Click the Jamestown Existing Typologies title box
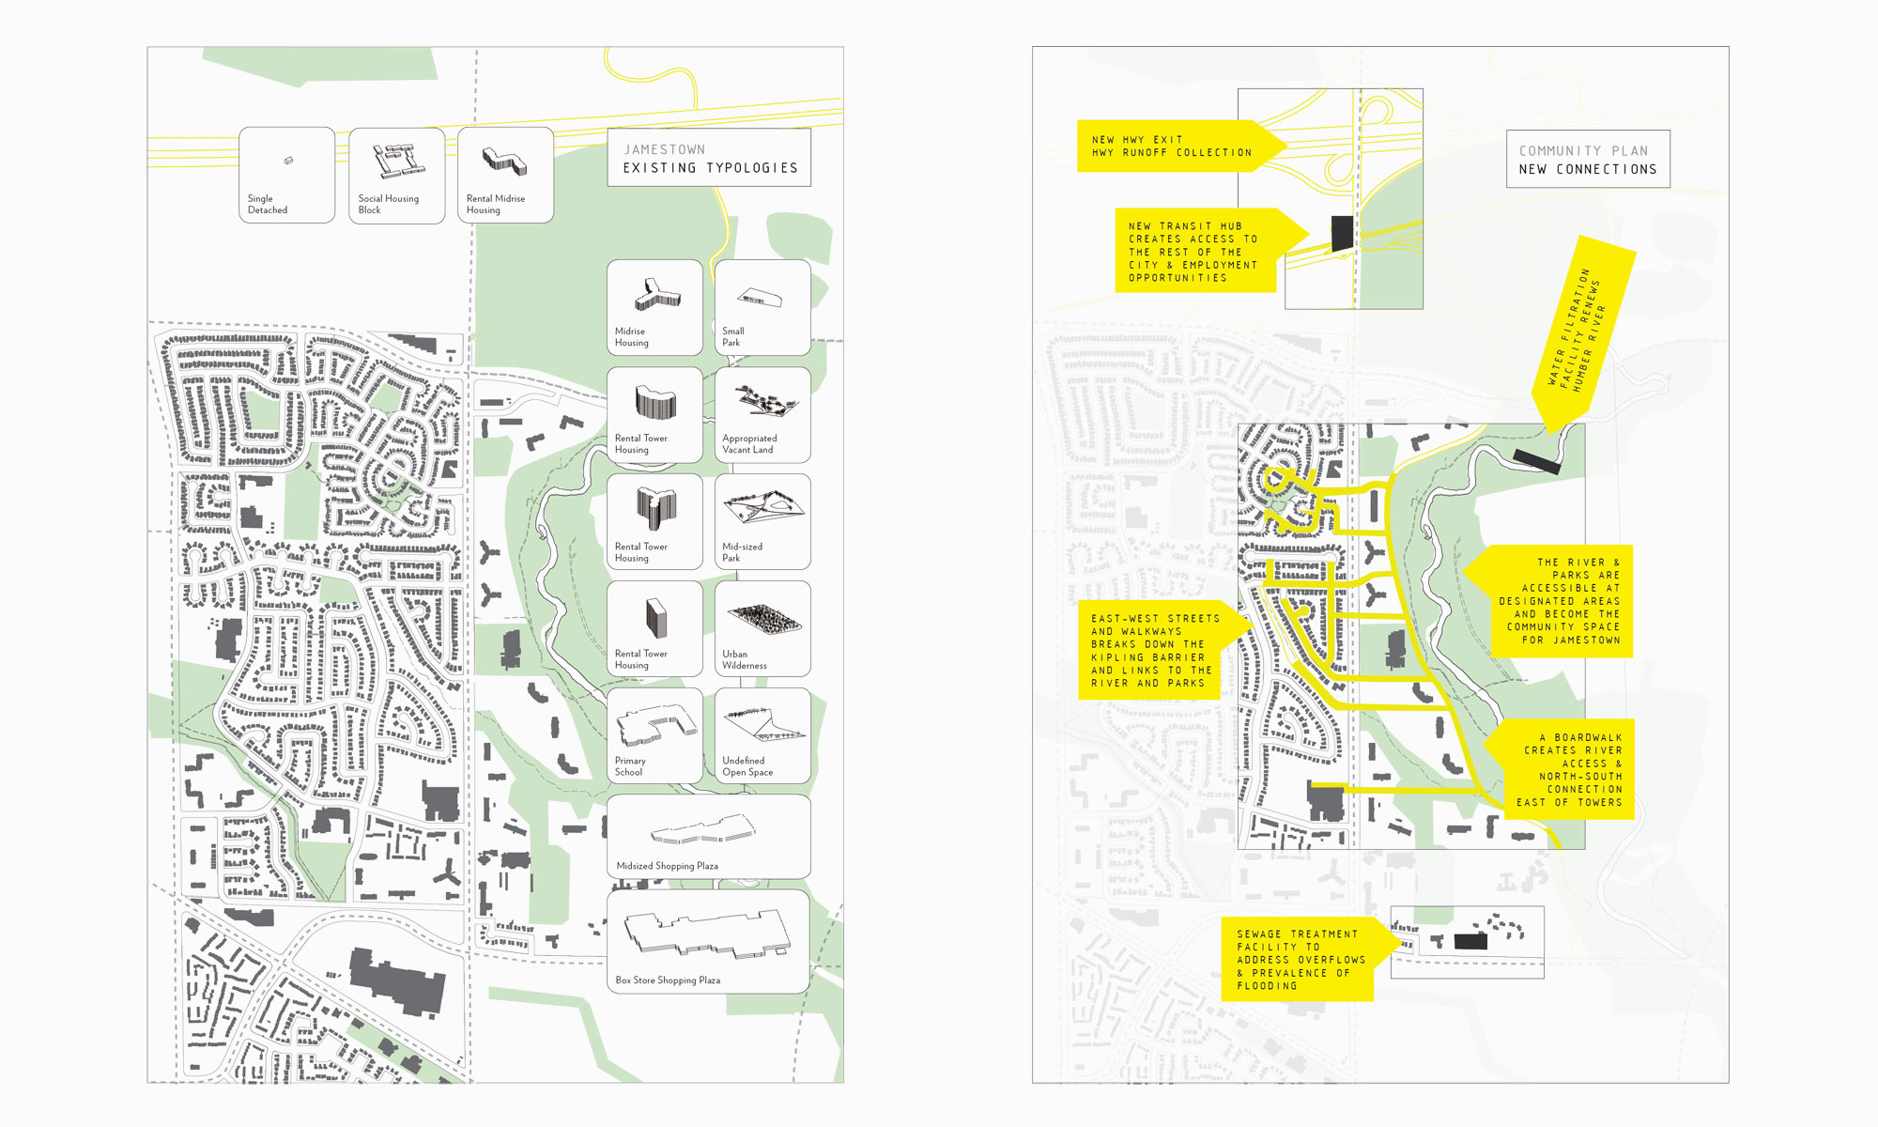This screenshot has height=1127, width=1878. pos(709,158)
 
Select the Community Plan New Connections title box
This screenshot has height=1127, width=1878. pos(1588,160)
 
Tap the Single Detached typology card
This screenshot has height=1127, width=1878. pos(286,176)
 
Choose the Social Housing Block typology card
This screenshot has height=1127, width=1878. pos(396,176)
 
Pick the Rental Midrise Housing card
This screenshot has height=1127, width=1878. pos(505,176)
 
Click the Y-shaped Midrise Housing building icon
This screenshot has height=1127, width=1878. pos(655,295)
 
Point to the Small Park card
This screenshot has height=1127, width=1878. pos(762,307)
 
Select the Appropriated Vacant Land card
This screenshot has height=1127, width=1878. pos(762,414)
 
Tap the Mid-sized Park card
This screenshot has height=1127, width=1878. pos(762,521)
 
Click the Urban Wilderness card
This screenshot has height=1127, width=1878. pos(762,628)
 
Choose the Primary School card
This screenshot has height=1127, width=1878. pos(654,735)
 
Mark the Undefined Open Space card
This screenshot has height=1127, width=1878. pos(762,735)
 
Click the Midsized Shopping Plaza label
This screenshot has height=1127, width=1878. pos(667,866)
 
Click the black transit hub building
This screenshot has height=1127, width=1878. pos(1343,233)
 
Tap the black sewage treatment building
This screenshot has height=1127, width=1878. pos(1470,941)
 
